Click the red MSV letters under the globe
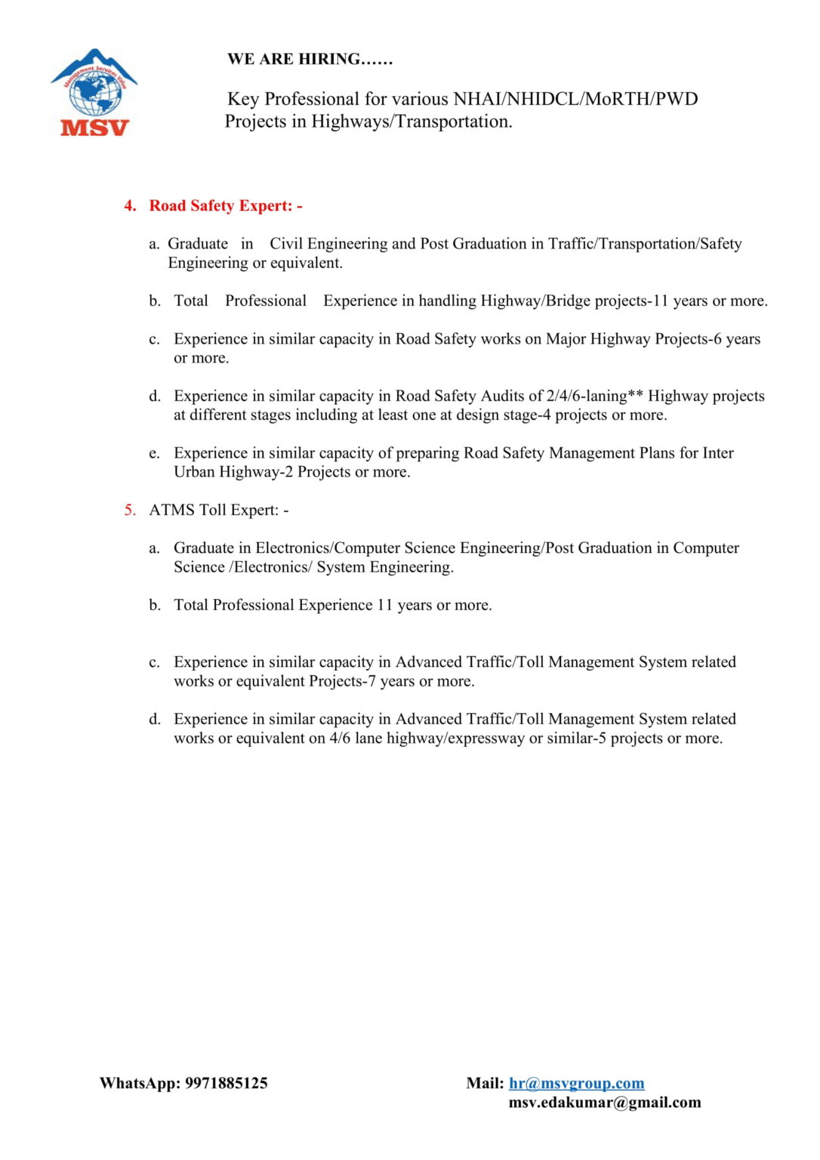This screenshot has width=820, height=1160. [x=95, y=128]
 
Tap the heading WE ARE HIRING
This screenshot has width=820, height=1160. [x=310, y=59]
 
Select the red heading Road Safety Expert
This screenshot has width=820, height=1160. [x=225, y=205]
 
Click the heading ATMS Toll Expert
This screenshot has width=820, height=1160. [x=218, y=510]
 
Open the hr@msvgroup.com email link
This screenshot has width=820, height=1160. [x=576, y=1083]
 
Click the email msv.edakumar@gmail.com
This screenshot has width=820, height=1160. [x=604, y=1102]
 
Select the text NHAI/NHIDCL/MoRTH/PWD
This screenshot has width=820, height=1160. [x=575, y=99]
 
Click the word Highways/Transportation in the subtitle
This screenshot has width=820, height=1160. [x=412, y=122]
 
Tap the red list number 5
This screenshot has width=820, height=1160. [x=130, y=510]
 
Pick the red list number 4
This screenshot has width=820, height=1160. [x=130, y=205]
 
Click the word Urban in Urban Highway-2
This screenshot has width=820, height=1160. [x=194, y=472]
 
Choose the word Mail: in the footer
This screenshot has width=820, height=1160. [x=485, y=1083]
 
